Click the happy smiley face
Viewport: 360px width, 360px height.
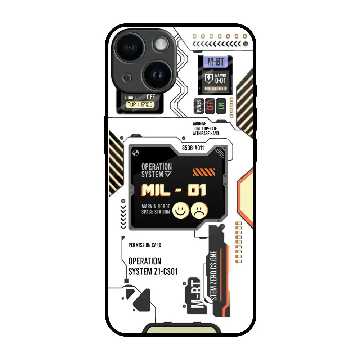click(181, 210)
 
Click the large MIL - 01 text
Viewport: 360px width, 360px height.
click(174, 190)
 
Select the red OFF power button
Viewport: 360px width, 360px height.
click(210, 106)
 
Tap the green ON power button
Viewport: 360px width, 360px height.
click(221, 106)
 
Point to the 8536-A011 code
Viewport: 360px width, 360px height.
click(193, 148)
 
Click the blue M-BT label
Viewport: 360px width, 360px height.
click(215, 62)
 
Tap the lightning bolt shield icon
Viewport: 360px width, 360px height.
click(208, 78)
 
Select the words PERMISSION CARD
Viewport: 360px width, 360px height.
click(145, 245)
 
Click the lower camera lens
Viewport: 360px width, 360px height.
click(157, 74)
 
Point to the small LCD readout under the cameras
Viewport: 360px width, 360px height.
click(140, 104)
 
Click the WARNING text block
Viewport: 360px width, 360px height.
click(206, 129)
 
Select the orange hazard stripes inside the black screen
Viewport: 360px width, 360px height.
click(204, 172)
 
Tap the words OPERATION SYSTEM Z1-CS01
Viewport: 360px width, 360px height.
click(153, 266)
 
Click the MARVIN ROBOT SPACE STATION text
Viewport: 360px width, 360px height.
click(156, 209)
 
